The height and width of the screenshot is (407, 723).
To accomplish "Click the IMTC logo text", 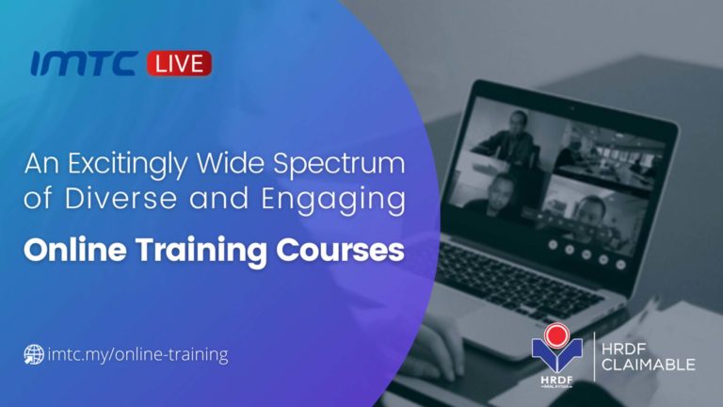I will click(85, 64).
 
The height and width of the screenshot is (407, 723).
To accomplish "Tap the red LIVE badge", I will click(179, 64).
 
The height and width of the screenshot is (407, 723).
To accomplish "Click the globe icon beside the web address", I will click(34, 355).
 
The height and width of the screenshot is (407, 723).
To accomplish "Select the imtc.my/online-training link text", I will click(137, 355).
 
